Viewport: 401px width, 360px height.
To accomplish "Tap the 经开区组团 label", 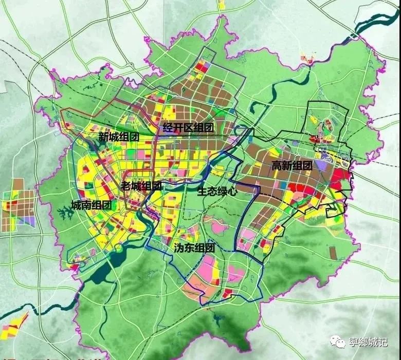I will [x=188, y=127].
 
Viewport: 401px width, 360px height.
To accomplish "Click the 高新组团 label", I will [x=292, y=165].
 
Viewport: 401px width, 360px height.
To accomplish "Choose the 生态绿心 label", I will [x=217, y=191].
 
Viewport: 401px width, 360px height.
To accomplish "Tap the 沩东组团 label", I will [x=194, y=247].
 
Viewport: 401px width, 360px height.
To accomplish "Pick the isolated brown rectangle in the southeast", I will [x=333, y=252].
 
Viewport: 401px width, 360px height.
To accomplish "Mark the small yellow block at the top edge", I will [x=221, y=5].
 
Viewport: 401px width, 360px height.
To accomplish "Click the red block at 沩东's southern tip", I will [x=227, y=293].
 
